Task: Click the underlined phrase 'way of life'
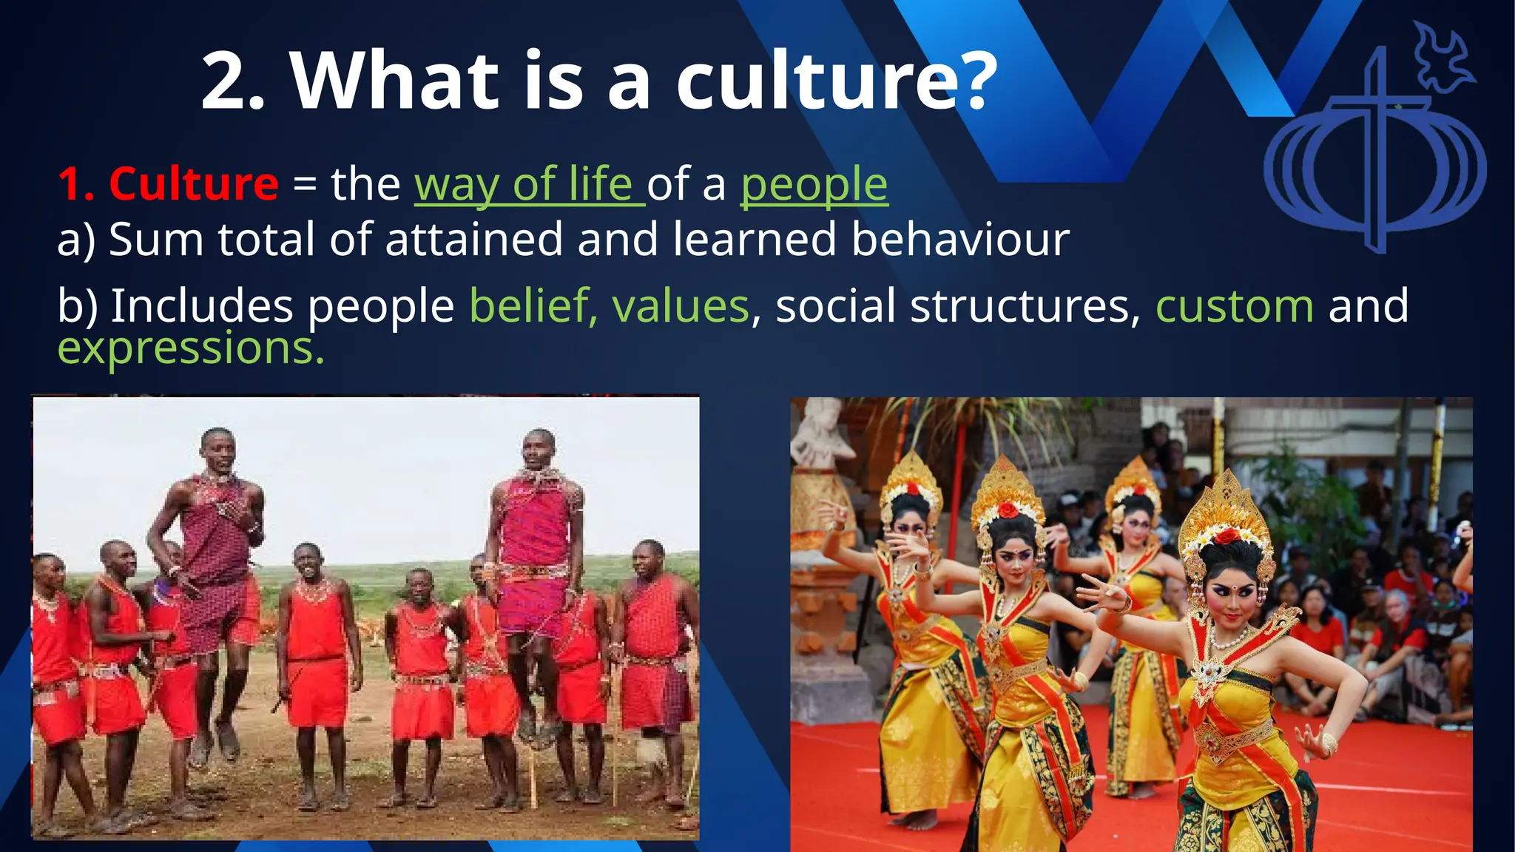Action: pyautogui.click(x=530, y=185)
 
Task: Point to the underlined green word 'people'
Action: pyautogui.click(x=814, y=185)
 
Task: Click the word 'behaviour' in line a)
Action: pyautogui.click(x=960, y=240)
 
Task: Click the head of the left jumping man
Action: pyautogui.click(x=218, y=448)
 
